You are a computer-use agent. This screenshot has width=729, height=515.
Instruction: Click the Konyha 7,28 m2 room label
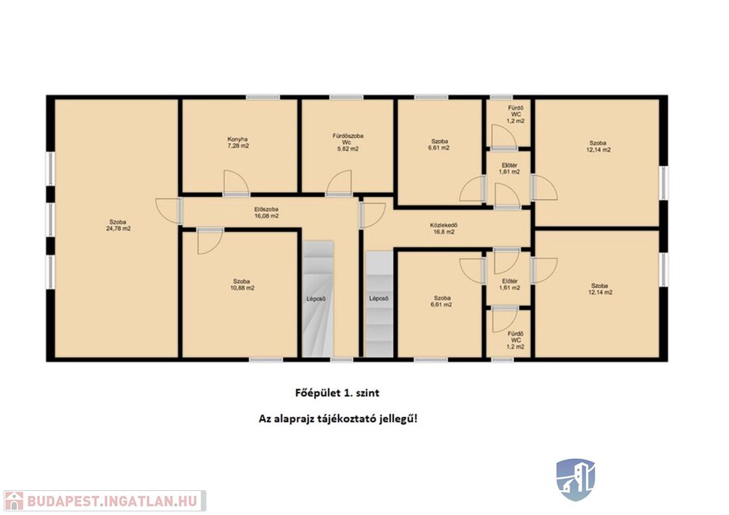click(238, 142)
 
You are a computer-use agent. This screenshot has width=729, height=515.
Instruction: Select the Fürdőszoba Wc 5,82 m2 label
click(347, 142)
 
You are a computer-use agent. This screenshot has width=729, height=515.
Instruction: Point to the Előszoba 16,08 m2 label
click(266, 212)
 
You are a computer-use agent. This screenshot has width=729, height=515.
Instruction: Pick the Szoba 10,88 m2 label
click(242, 285)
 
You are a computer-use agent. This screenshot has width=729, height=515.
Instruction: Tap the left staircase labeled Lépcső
click(318, 299)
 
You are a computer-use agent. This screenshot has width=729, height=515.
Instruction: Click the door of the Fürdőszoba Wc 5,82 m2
click(339, 182)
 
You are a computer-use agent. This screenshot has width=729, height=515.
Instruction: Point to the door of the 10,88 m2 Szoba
click(210, 241)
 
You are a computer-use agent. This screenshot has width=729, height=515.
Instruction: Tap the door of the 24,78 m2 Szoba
click(168, 211)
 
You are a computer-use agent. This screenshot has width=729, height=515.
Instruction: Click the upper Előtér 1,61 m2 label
click(510, 168)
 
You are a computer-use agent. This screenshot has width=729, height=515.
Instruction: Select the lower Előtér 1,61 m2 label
click(510, 285)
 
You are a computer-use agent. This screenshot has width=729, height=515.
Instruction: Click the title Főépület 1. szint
click(337, 393)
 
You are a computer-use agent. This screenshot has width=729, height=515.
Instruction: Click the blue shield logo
click(576, 479)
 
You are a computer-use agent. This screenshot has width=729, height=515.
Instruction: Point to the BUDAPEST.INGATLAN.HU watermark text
click(112, 501)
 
